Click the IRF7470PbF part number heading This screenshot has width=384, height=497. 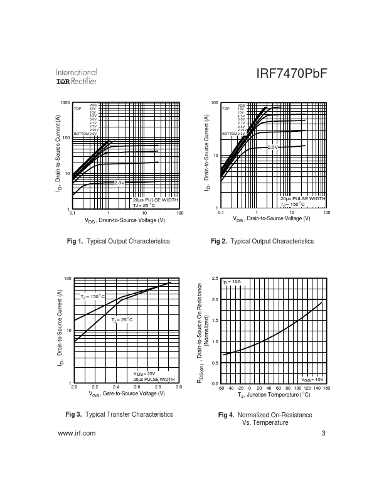pyautogui.click(x=292, y=73)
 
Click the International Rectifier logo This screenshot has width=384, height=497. pyautogui.click(x=76, y=77)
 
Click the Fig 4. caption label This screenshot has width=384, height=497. pyautogui.click(x=226, y=415)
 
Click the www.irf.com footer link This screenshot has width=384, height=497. pyautogui.click(x=76, y=434)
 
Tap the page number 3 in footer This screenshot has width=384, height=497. pyautogui.click(x=323, y=434)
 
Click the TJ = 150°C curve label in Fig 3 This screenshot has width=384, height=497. pyautogui.click(x=93, y=296)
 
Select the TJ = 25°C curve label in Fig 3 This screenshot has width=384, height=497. pyautogui.click(x=122, y=320)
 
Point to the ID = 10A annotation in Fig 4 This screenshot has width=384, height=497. pyautogui.click(x=232, y=282)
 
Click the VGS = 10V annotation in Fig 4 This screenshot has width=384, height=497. pyautogui.click(x=312, y=380)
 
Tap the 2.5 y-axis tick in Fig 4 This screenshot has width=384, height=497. pyautogui.click(x=215, y=279)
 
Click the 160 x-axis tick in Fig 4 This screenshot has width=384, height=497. pyautogui.click(x=326, y=388)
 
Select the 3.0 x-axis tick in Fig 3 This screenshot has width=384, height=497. pyautogui.click(x=179, y=388)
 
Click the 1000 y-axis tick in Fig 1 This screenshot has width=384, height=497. pyautogui.click(x=65, y=103)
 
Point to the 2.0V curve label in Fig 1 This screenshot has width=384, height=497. pyautogui.click(x=120, y=183)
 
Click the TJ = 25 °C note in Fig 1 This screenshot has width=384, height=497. pyautogui.click(x=144, y=205)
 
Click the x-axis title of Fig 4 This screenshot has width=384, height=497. pyautogui.click(x=274, y=396)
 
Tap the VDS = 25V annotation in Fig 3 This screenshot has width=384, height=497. pyautogui.click(x=144, y=373)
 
